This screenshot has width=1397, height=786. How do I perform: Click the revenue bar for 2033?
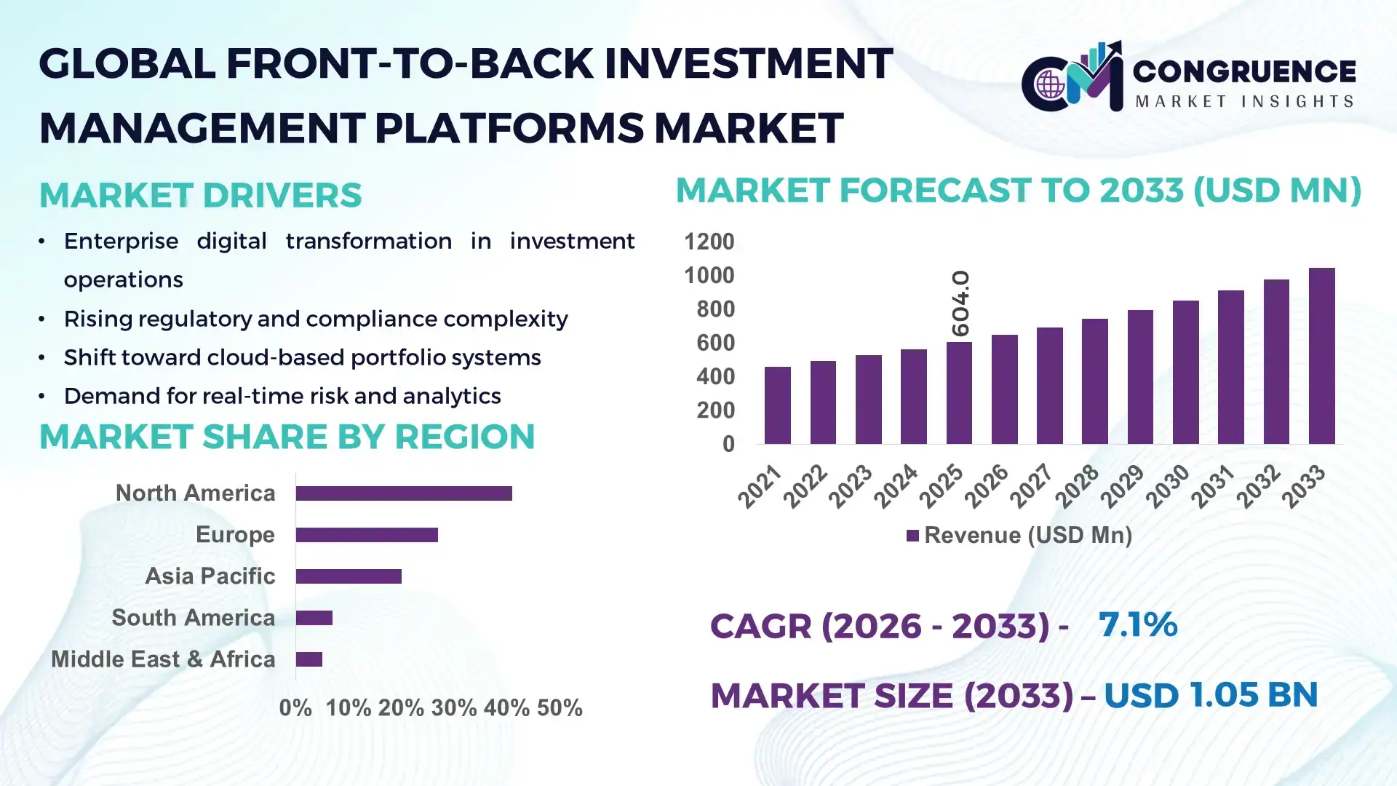[x=1321, y=356]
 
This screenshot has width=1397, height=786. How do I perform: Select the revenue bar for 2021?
[x=777, y=405]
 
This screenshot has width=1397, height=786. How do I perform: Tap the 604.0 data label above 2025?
[x=960, y=303]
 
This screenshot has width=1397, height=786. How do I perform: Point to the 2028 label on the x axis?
[x=1078, y=486]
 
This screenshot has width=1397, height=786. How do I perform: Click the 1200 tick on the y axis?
[x=709, y=242]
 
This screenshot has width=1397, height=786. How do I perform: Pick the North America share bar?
[x=404, y=493]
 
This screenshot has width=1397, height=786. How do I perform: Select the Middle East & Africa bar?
[x=309, y=659]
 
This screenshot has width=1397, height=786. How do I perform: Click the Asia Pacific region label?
[x=210, y=576]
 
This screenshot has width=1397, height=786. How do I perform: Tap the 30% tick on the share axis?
[x=453, y=708]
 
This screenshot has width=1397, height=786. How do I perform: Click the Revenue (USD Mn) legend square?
[x=912, y=536]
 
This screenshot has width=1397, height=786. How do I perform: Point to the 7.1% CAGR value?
[x=1137, y=624]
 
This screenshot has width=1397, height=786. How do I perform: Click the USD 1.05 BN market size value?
[x=1211, y=695]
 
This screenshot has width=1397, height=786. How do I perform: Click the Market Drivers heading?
[x=200, y=195]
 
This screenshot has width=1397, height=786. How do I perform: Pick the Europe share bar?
[x=367, y=535]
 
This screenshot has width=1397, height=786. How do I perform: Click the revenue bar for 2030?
[x=1185, y=372]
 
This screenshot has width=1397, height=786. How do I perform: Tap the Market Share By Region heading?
[x=287, y=437]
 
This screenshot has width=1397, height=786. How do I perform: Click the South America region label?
[x=193, y=618]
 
